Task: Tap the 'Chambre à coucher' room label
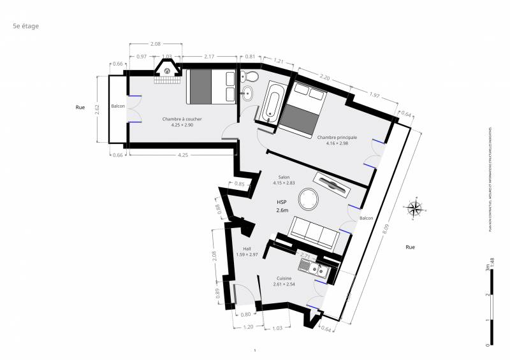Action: pyautogui.click(x=182, y=119)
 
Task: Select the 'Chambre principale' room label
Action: pyautogui.click(x=337, y=138)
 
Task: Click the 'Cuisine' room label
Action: pyautogui.click(x=284, y=278)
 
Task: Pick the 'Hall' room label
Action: pyautogui.click(x=247, y=249)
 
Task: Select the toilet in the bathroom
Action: pyautogui.click(x=251, y=77)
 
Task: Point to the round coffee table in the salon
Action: pyautogui.click(x=309, y=199)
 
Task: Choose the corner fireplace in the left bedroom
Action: pyautogui.click(x=166, y=68)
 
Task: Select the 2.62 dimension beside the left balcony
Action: pyautogui.click(x=97, y=109)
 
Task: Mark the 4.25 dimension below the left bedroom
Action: pyautogui.click(x=183, y=154)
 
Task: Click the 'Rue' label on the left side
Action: pyautogui.click(x=80, y=107)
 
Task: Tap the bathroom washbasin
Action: pyautogui.click(x=247, y=96)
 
